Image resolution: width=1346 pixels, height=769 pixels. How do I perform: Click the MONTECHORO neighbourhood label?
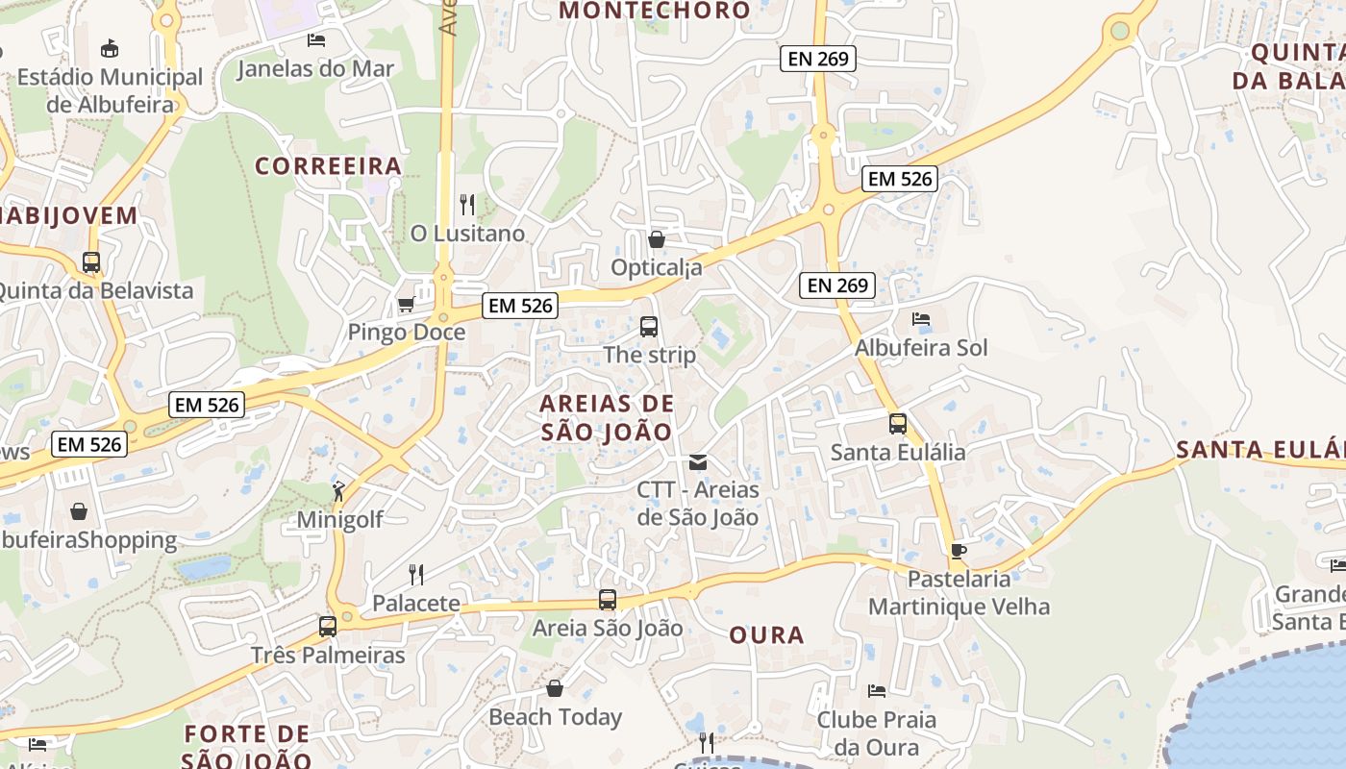click(654, 11)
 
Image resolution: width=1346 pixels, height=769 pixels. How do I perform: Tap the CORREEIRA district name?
click(328, 166)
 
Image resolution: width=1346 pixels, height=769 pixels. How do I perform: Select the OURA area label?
click(766, 635)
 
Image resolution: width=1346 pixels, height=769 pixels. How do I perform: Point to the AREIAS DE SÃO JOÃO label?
click(607, 417)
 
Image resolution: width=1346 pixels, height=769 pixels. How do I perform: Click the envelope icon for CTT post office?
click(698, 463)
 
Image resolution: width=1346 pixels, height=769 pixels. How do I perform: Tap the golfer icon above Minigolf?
click(338, 492)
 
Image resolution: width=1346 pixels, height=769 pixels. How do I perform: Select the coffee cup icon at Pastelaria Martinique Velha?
click(958, 551)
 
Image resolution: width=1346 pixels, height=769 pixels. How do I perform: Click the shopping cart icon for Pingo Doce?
click(406, 305)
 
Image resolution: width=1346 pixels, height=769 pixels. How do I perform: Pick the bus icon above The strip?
click(649, 327)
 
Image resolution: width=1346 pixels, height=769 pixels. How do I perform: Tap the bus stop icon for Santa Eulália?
click(897, 424)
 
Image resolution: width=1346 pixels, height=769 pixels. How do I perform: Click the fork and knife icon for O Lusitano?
click(467, 205)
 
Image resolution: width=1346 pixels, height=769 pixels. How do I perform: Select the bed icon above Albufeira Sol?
click(921, 319)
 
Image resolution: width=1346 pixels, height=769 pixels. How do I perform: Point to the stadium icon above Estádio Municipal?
click(110, 48)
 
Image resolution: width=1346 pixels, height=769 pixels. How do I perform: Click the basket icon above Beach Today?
click(555, 688)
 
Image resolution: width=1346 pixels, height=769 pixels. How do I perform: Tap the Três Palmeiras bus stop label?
click(328, 656)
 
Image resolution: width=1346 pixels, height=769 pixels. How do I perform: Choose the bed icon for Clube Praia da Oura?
click(876, 691)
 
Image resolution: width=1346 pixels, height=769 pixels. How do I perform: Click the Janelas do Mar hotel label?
click(315, 68)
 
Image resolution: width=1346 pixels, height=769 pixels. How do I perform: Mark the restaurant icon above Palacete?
click(416, 575)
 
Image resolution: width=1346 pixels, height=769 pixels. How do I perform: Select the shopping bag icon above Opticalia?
click(657, 239)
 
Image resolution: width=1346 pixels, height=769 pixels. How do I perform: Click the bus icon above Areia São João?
click(608, 600)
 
